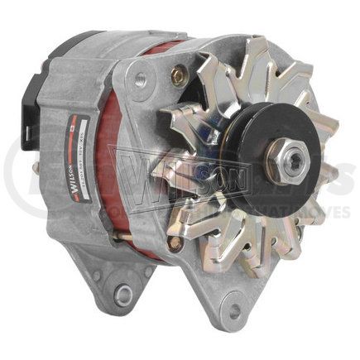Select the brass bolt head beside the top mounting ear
[176, 76]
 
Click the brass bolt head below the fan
[175, 243]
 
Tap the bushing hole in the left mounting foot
[124, 292]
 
